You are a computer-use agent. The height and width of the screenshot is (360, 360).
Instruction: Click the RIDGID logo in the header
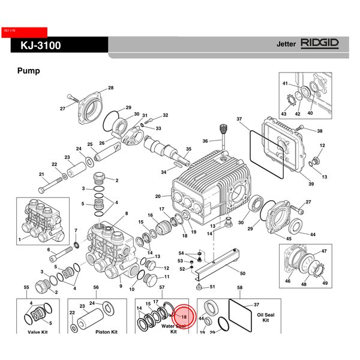tap(320, 44)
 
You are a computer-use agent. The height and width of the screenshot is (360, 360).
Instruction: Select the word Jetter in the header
tap(286, 44)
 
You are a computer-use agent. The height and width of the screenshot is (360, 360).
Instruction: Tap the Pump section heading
tap(28, 71)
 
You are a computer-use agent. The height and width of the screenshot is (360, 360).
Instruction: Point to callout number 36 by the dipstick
tap(205, 141)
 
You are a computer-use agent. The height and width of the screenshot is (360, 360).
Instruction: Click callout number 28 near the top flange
tap(110, 89)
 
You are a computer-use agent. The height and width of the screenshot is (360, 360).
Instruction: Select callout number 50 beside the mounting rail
tap(242, 273)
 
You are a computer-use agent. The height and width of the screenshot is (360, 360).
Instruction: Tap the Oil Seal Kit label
tap(265, 316)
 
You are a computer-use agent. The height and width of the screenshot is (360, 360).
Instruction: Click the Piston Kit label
tap(106, 331)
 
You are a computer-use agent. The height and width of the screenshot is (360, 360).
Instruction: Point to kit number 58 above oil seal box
tap(240, 288)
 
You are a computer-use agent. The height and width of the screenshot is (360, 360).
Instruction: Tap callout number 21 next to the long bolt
tap(42, 175)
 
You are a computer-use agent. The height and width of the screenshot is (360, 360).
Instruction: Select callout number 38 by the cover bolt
tap(320, 131)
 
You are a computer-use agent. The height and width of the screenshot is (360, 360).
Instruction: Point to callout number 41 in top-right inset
tap(286, 83)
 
